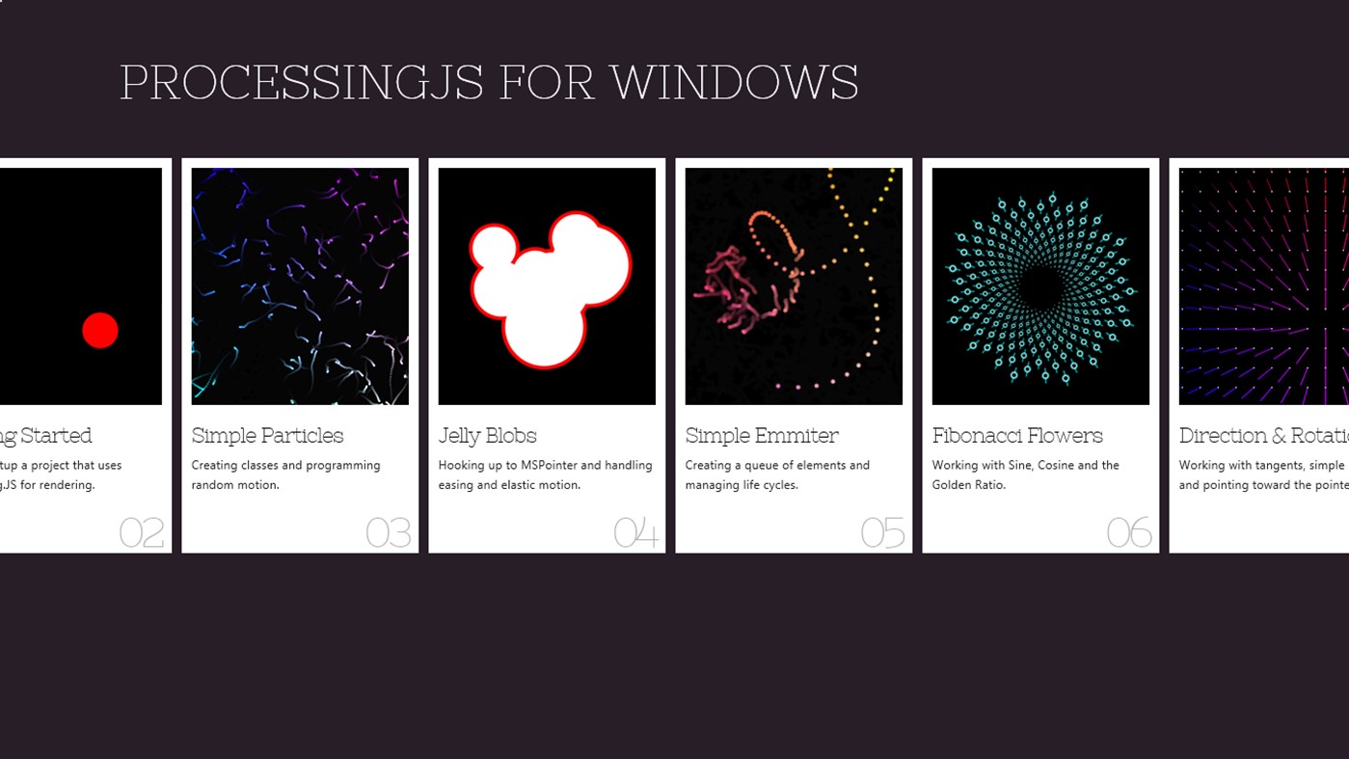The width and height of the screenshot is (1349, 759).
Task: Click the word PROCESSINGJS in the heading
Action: click(301, 83)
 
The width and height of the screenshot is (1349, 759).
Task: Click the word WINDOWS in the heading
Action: click(734, 83)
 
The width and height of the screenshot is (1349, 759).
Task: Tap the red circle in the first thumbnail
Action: click(100, 331)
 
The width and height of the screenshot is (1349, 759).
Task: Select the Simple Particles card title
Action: click(267, 436)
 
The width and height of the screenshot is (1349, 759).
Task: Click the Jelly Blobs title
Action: click(487, 436)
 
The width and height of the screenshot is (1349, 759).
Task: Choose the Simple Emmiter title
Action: click(762, 436)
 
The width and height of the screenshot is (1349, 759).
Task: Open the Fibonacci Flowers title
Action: click(1017, 436)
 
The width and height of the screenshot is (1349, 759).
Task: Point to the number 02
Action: click(142, 532)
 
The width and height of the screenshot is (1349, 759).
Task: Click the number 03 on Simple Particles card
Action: click(389, 532)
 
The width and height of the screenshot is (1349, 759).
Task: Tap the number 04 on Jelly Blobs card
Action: click(636, 532)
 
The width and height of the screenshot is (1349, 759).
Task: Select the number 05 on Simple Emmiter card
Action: click(883, 532)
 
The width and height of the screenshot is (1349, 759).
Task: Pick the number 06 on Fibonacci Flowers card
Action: click(1129, 532)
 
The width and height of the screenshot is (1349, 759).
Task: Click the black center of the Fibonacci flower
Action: click(1039, 287)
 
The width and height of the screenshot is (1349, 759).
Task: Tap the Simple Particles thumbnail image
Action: click(300, 286)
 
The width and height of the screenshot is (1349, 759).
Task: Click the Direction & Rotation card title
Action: click(1263, 436)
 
